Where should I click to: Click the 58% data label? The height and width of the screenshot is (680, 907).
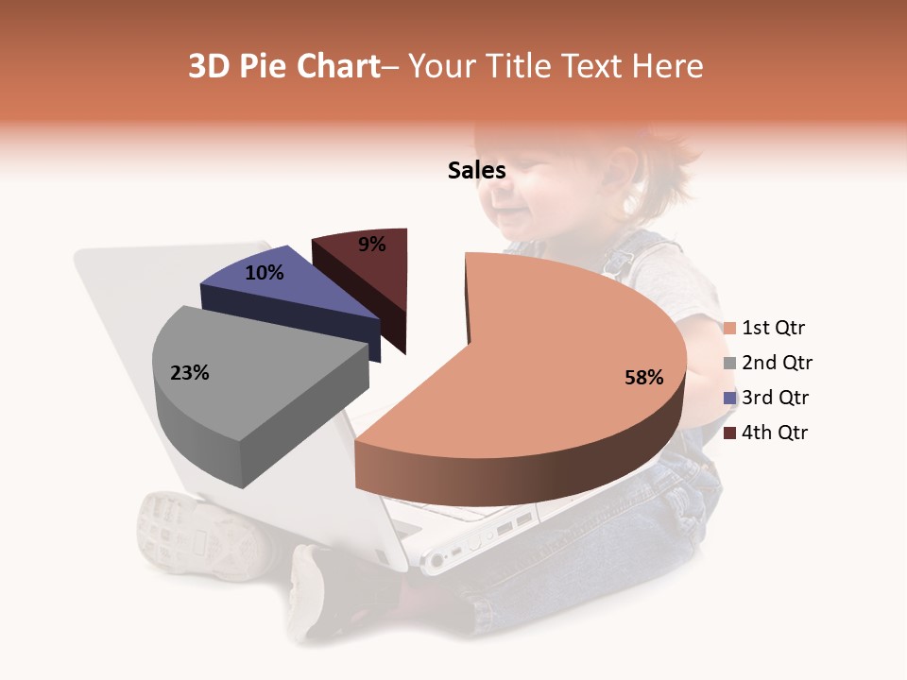coord(643,378)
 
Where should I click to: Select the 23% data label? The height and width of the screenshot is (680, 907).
coord(189,373)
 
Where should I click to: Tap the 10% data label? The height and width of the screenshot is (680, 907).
coord(264,273)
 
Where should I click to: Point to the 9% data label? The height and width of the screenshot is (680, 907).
coord(372,245)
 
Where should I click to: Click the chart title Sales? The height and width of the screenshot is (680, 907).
coord(476,170)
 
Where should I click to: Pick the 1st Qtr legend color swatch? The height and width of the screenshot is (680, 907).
coord(729,329)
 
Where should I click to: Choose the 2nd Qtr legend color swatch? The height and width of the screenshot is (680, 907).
coord(729,364)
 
